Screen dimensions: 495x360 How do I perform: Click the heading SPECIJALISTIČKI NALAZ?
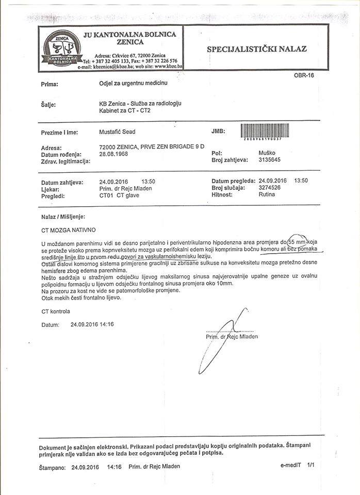256,49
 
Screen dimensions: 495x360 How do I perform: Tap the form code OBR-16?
304,75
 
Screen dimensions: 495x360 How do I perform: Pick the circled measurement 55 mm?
297,242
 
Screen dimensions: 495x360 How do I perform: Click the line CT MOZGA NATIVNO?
68,229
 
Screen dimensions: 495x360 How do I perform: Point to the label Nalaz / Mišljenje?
63,217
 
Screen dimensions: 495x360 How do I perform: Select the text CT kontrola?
56,311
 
